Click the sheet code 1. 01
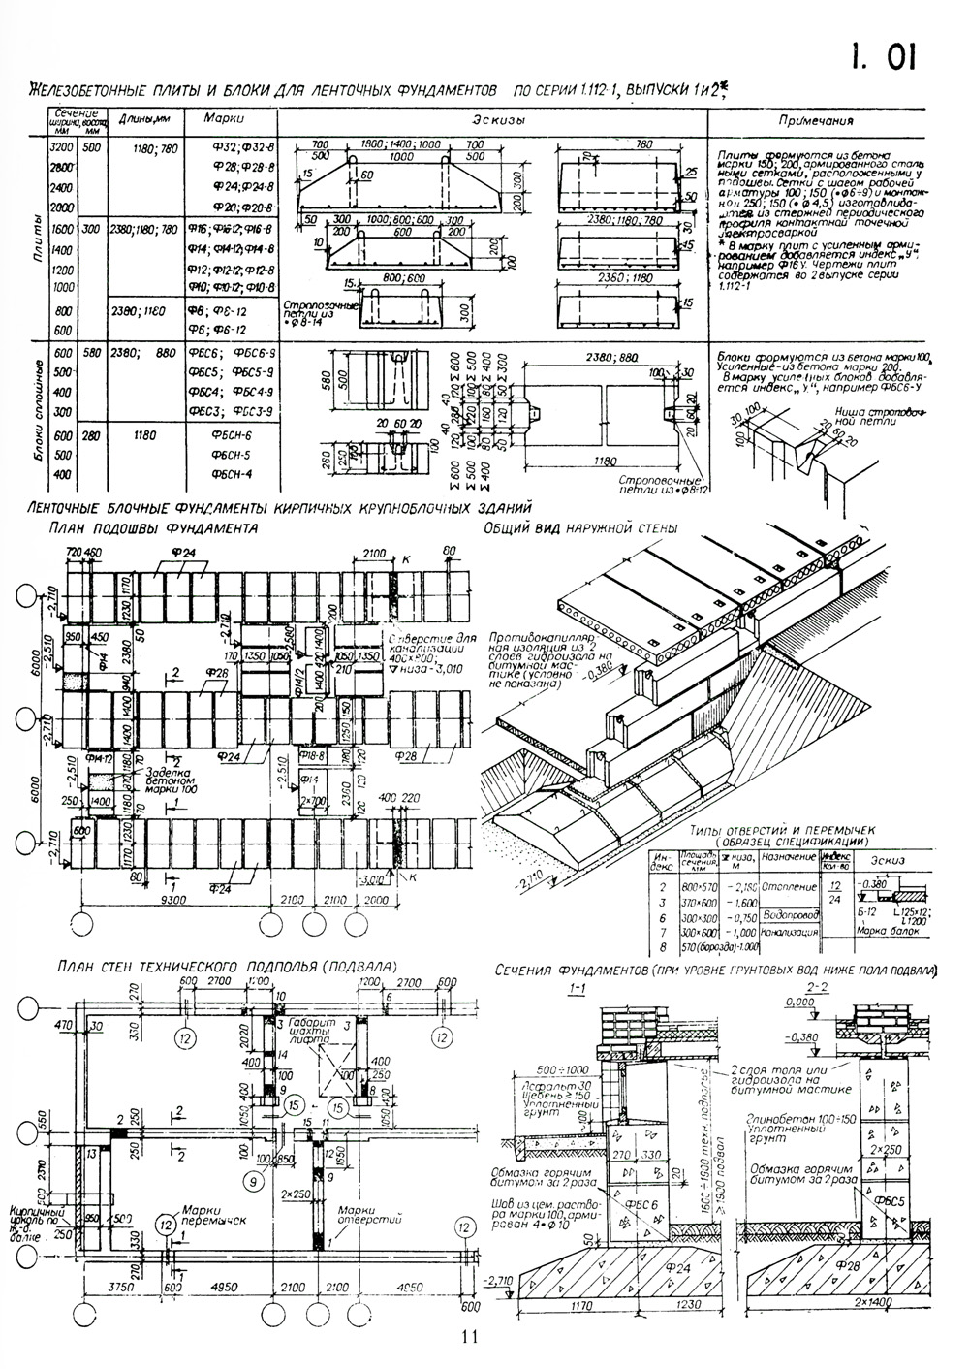point(881,58)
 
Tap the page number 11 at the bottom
point(471,1336)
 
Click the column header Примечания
point(818,122)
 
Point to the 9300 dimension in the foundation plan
point(172,901)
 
